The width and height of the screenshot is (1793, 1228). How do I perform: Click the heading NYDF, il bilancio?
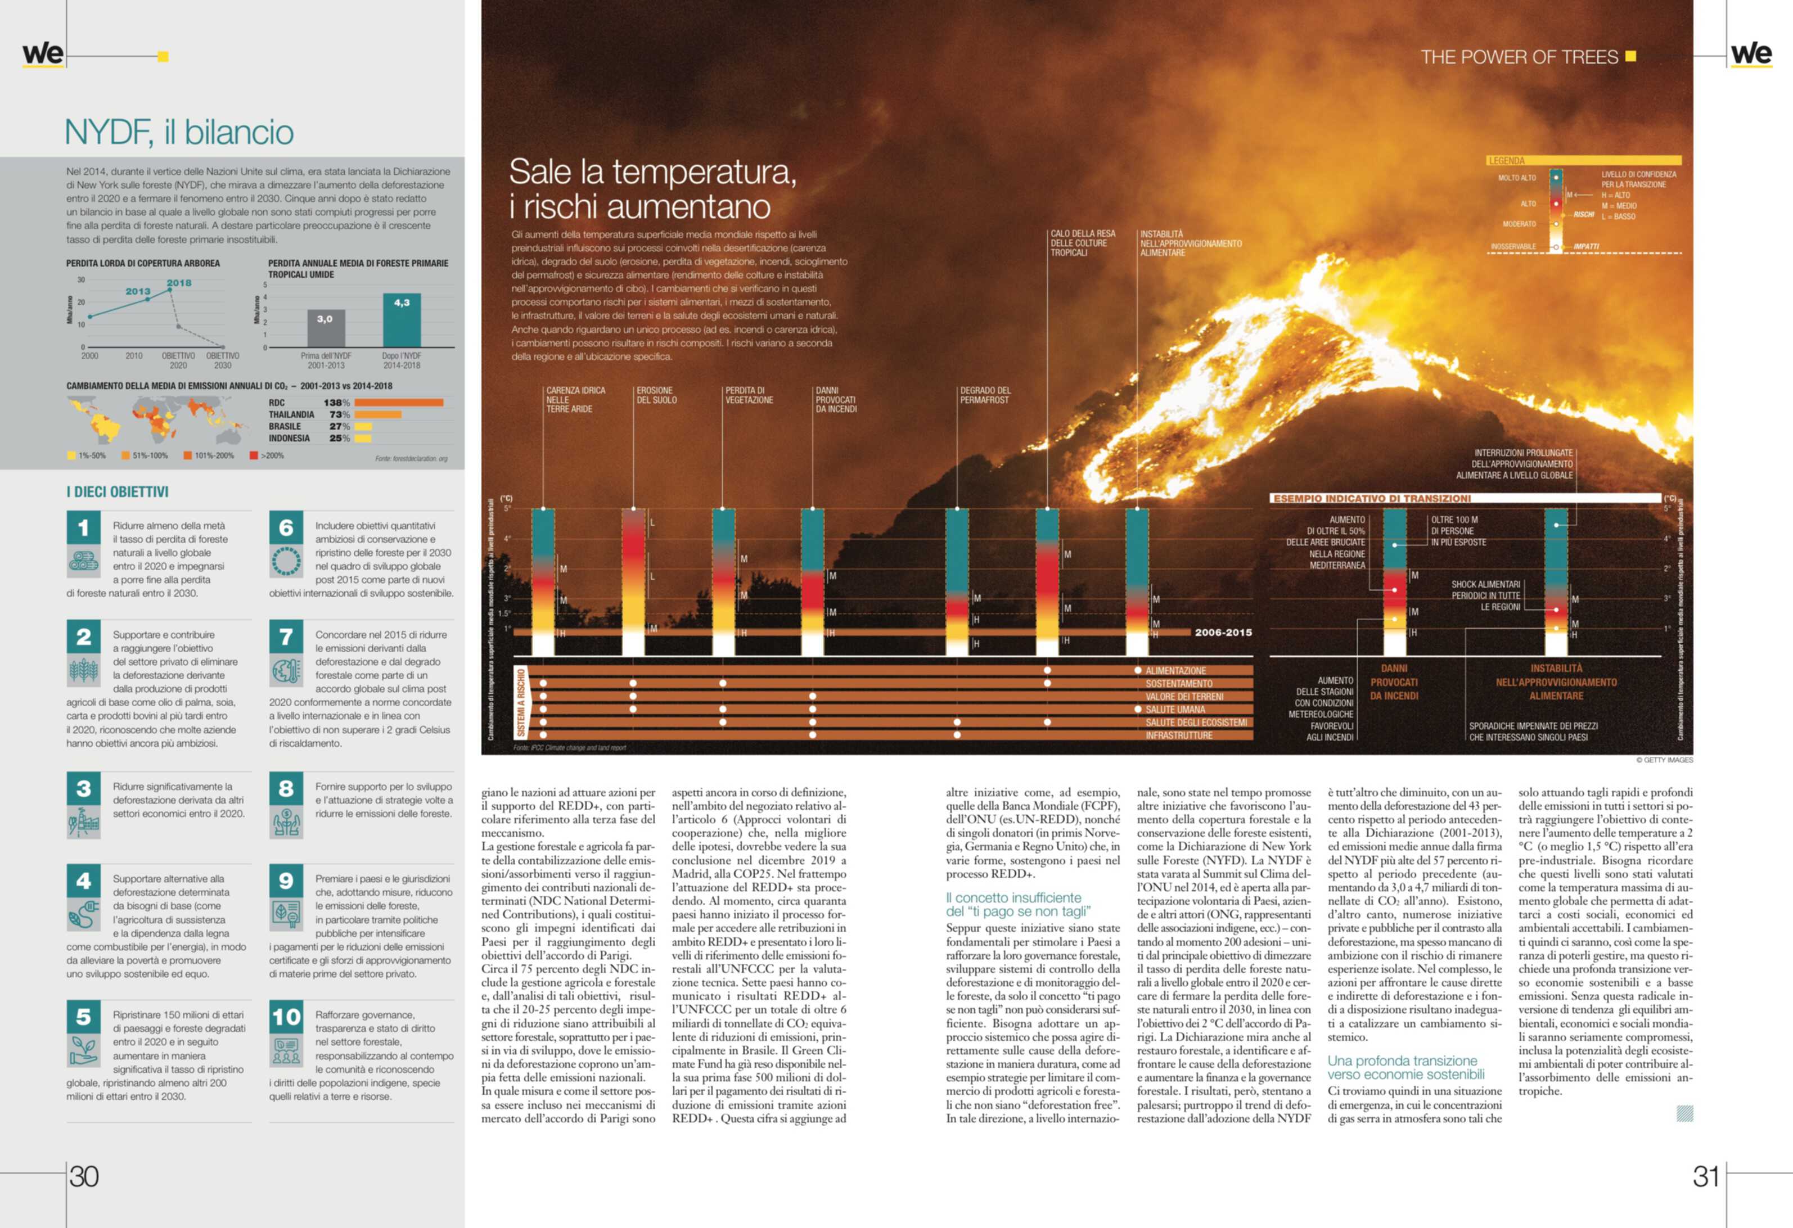(x=179, y=132)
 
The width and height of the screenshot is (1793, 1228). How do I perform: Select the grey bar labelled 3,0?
(x=326, y=328)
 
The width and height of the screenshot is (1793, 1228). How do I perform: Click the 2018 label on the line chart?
(x=179, y=283)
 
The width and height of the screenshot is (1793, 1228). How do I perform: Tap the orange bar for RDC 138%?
(x=399, y=403)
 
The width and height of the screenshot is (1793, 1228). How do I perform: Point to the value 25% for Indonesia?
(x=340, y=438)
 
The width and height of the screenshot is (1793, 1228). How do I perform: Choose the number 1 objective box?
(x=83, y=529)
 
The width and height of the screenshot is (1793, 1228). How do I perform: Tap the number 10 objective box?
(x=286, y=1017)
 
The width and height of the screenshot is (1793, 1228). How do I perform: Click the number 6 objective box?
(x=286, y=529)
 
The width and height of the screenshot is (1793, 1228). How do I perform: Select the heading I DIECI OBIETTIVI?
(x=118, y=492)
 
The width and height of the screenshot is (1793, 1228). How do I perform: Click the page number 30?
(x=84, y=1176)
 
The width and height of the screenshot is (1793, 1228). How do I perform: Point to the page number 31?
(x=1705, y=1176)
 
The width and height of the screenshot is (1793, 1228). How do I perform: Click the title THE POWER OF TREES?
(x=1519, y=57)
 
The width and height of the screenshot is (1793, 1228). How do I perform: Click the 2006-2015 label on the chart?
(x=1223, y=633)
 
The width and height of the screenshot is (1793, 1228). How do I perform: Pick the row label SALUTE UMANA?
(x=1175, y=710)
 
